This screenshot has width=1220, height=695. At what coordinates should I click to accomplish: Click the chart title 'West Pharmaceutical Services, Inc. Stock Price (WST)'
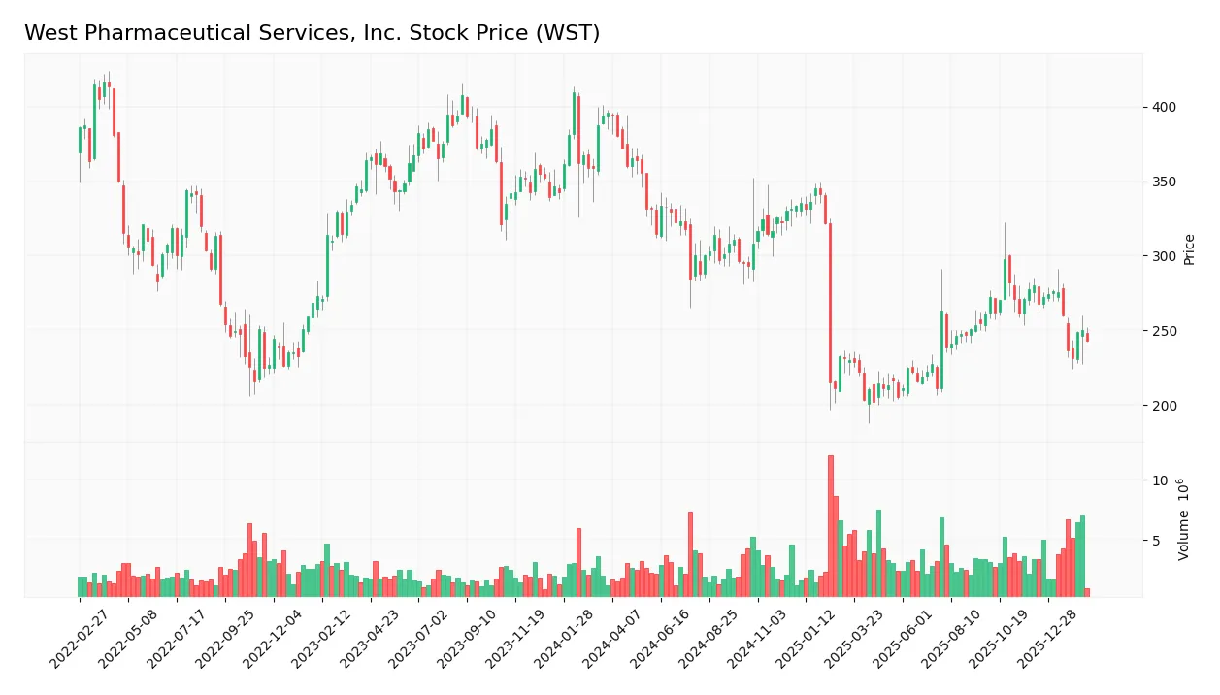[x=312, y=33]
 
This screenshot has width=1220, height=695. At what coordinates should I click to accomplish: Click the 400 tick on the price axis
[x=1164, y=107]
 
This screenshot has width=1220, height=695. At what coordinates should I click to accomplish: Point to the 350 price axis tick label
[x=1164, y=182]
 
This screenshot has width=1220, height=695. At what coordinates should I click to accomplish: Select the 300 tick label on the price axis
[x=1164, y=256]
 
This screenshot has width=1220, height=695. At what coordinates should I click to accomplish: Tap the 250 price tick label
[x=1164, y=331]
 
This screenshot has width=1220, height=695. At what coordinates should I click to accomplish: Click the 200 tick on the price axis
[x=1164, y=406]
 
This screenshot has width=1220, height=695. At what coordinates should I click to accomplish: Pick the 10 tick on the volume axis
[x=1160, y=480]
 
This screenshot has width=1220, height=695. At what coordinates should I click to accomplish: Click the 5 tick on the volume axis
[x=1157, y=541]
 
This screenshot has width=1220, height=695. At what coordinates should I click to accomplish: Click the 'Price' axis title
[x=1189, y=248]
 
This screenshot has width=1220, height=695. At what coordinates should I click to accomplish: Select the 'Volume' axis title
[x=1184, y=519]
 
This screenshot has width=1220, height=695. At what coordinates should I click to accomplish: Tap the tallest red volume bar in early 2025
[x=830, y=524]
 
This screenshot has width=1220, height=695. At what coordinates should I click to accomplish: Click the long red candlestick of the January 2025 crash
[x=830, y=301]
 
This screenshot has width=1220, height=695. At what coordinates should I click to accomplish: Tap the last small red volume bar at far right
[x=1087, y=591]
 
